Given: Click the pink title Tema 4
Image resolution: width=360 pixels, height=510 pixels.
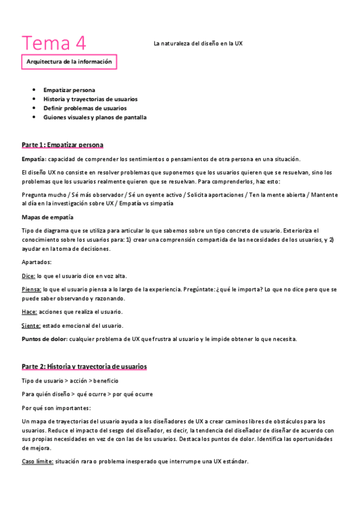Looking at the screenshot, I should click(54, 43).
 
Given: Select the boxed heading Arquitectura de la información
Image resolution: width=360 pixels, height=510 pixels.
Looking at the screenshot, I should click(69, 61).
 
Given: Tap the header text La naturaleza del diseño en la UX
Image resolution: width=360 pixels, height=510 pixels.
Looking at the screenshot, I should click(198, 43).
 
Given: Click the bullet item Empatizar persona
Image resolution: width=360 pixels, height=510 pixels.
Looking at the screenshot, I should click(69, 90).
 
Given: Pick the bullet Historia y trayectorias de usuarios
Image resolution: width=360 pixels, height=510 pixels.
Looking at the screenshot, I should click(90, 99).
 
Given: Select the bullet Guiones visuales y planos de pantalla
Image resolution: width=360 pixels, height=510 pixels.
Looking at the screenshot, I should click(95, 117).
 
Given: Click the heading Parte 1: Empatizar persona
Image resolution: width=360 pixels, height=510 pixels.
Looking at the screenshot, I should click(63, 145).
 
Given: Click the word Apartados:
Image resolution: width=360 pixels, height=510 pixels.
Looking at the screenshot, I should click(37, 262).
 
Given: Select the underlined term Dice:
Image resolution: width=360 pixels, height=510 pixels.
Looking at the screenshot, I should click(28, 276).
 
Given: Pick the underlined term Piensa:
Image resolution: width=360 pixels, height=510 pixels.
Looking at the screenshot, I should click(31, 289).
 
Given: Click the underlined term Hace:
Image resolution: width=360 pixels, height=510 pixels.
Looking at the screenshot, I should click(29, 312).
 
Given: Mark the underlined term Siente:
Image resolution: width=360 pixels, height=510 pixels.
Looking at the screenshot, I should click(31, 325).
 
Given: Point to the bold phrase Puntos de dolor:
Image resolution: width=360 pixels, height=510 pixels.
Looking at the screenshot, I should click(44, 339).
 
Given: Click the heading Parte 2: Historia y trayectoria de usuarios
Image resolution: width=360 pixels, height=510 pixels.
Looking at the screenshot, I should click(84, 366).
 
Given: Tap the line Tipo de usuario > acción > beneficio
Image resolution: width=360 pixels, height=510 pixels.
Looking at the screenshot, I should click(70, 381).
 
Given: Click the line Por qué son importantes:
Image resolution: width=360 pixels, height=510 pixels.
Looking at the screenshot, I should click(56, 408).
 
